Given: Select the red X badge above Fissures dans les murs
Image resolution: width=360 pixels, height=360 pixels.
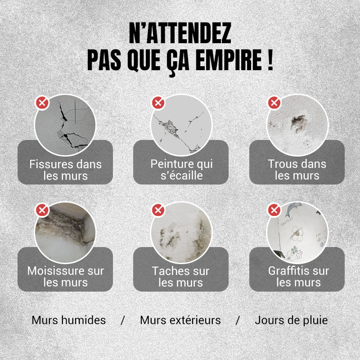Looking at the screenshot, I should click(x=42, y=103).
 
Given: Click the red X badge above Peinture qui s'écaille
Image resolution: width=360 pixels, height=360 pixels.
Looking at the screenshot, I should click(x=158, y=103).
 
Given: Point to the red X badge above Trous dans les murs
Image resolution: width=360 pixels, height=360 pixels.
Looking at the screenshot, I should click(x=274, y=103).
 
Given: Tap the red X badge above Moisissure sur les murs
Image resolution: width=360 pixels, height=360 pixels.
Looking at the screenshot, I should click(x=42, y=210).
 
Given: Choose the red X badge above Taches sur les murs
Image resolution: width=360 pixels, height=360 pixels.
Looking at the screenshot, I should click(x=158, y=210).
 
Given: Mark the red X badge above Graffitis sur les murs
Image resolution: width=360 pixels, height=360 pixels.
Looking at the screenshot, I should click(x=274, y=210).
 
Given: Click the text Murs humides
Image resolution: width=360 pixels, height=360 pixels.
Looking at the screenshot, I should click(x=69, y=320).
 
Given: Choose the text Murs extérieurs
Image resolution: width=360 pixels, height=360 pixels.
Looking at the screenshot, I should click(x=180, y=320).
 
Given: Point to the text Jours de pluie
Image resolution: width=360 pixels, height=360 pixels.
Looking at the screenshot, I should click(x=291, y=320).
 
